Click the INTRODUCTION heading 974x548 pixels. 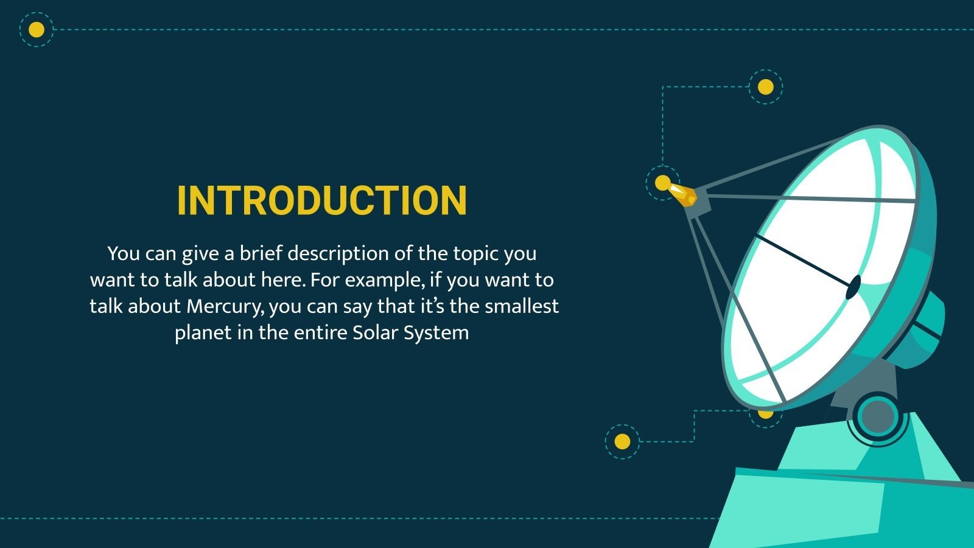click(x=322, y=201)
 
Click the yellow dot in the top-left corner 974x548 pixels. click(x=37, y=29)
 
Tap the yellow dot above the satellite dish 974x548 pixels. click(x=765, y=87)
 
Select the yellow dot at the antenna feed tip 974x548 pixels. click(x=662, y=183)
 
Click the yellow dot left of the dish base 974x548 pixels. click(x=622, y=441)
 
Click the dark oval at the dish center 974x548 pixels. click(x=853, y=287)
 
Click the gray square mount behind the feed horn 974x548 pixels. click(x=700, y=203)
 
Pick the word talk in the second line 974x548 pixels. click(x=181, y=280)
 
